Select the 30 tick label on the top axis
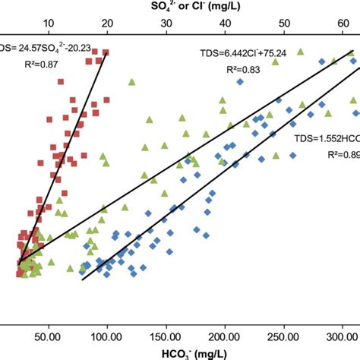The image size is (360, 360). pyautogui.click(x=166, y=23)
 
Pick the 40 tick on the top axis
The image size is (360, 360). pyautogui.click(x=226, y=23)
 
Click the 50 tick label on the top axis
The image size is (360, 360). pyautogui.click(x=285, y=23)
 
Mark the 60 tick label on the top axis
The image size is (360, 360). pyautogui.click(x=343, y=23)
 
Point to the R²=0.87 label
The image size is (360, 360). pyautogui.click(x=39, y=65)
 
